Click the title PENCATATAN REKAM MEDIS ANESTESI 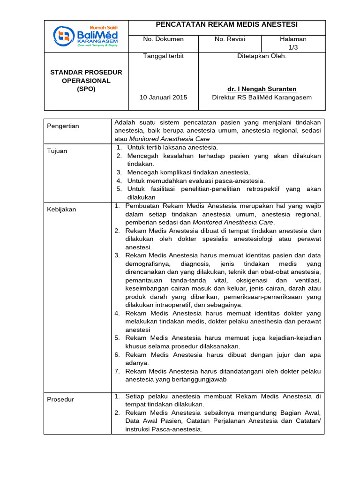click(x=227, y=25)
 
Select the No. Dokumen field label click(x=163, y=39)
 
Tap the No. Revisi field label click(x=230, y=39)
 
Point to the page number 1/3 click(x=293, y=47)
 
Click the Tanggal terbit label click(x=163, y=56)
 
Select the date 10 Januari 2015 click(x=163, y=97)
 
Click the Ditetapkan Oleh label click(x=262, y=56)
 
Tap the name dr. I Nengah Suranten click(x=262, y=89)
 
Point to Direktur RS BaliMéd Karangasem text click(x=262, y=97)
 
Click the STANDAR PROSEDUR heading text click(x=86, y=72)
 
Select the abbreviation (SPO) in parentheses click(x=86, y=89)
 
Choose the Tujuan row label click(x=58, y=151)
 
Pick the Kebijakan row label click(x=61, y=210)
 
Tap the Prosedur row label click(x=60, y=399)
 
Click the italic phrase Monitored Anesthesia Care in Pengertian click(x=169, y=139)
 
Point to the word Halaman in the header click(x=293, y=39)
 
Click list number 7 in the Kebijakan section click(x=117, y=371)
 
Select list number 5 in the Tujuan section click(x=119, y=189)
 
